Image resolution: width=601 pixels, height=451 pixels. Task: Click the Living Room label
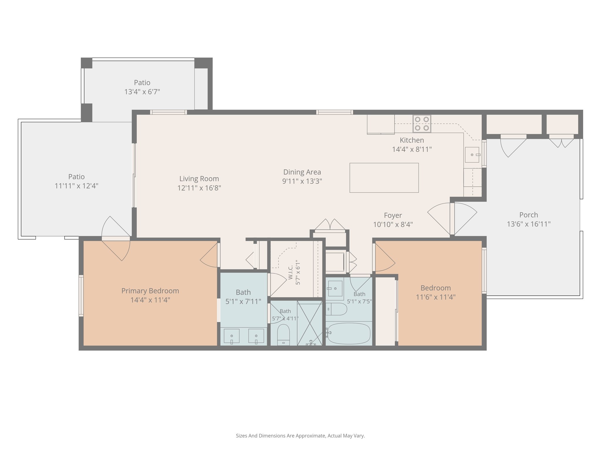tap(199, 179)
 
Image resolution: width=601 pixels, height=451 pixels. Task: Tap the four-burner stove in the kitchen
tap(422, 124)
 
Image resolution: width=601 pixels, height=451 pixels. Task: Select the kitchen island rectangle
tap(384, 178)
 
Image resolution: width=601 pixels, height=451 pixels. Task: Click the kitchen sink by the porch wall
tap(472, 155)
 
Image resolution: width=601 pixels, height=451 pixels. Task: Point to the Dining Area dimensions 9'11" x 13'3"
tap(302, 181)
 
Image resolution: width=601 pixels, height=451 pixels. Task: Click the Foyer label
tap(393, 215)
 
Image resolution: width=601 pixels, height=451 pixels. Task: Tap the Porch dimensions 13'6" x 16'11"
tap(529, 224)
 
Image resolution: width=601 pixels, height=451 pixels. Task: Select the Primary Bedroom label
tap(150, 291)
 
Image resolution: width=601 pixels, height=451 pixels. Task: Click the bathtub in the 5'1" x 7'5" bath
tap(349, 333)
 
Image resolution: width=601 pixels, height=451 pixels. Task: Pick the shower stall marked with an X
tap(310, 323)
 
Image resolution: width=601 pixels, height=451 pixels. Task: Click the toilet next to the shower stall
tap(283, 335)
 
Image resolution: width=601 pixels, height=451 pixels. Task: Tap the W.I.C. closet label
tap(291, 272)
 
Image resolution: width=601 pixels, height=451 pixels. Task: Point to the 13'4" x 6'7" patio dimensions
tap(142, 92)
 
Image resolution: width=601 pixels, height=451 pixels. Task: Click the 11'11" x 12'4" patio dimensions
tap(77, 186)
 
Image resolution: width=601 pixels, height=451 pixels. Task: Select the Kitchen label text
tap(412, 140)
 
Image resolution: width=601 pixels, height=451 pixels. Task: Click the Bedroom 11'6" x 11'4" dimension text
tap(436, 297)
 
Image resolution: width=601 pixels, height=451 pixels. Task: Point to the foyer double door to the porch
tap(452, 219)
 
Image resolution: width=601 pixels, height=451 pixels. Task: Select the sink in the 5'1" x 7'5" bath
tap(335, 289)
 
